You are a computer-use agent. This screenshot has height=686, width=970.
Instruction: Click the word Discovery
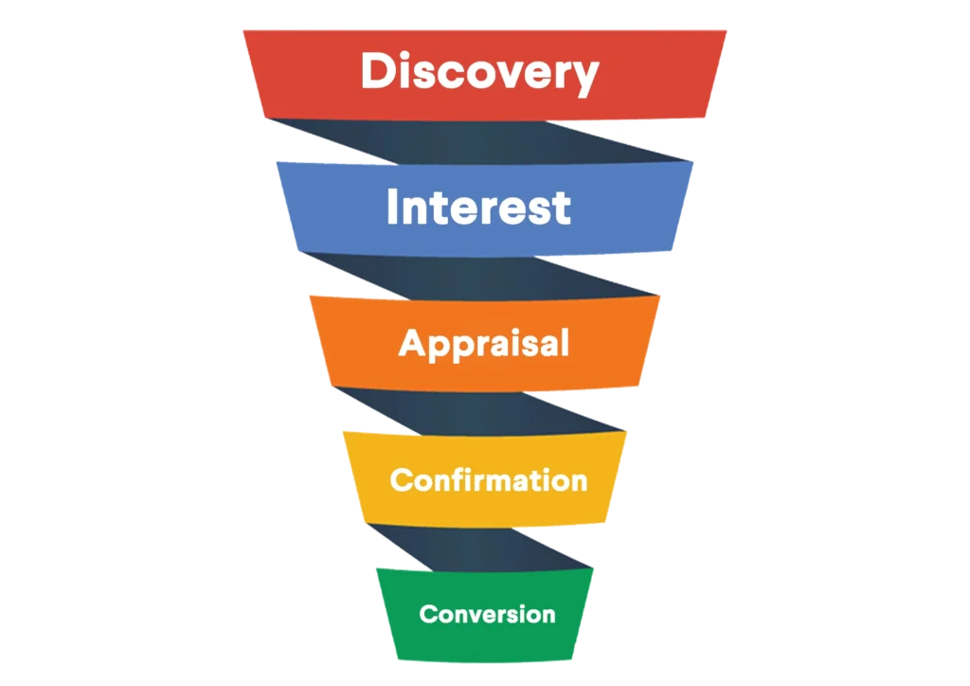[479, 72]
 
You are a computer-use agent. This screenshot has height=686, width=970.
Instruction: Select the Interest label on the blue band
[478, 208]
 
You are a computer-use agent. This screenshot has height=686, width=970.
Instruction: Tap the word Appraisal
[484, 343]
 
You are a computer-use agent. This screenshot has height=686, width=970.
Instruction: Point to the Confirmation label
[488, 479]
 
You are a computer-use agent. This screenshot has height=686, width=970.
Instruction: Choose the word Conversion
[487, 614]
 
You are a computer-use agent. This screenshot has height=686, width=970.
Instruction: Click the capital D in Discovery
[378, 71]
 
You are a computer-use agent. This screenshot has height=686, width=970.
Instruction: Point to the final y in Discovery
[585, 77]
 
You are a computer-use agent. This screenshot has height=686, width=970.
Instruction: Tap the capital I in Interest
[393, 208]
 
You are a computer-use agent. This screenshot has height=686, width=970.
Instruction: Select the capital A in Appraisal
[412, 342]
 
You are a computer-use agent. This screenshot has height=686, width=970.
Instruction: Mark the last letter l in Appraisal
[565, 341]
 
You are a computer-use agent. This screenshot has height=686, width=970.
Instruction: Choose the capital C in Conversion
[427, 614]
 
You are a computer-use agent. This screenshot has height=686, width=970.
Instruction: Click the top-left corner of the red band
[244, 32]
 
